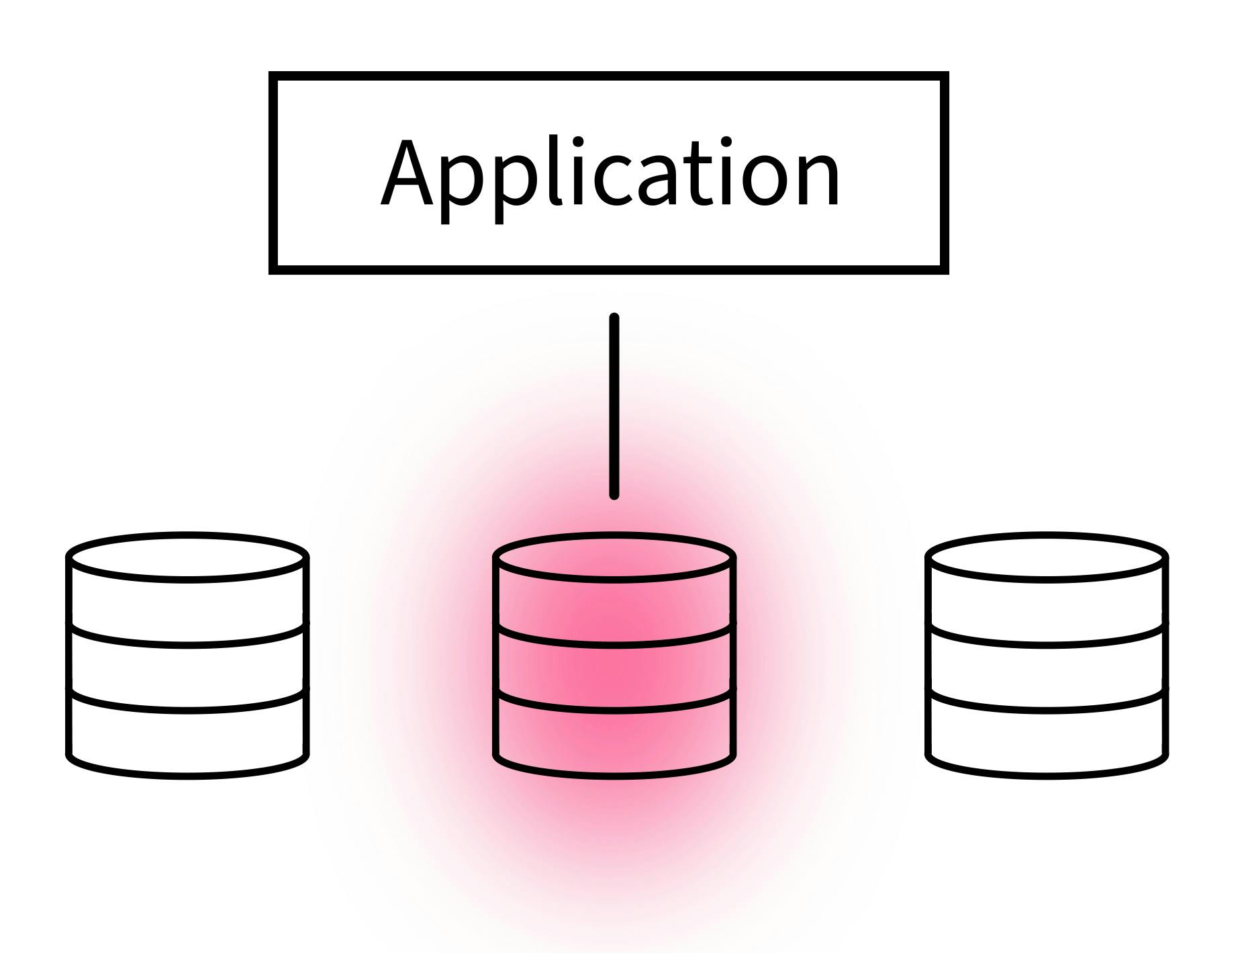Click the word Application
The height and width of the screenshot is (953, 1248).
(x=610, y=173)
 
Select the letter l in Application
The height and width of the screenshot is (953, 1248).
(x=555, y=171)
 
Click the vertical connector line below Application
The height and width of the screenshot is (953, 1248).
(x=614, y=406)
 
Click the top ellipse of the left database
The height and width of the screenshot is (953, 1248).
(x=187, y=555)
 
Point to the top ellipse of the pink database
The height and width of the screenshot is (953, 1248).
(x=614, y=555)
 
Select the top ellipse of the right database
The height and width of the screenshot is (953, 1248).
(x=1047, y=555)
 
